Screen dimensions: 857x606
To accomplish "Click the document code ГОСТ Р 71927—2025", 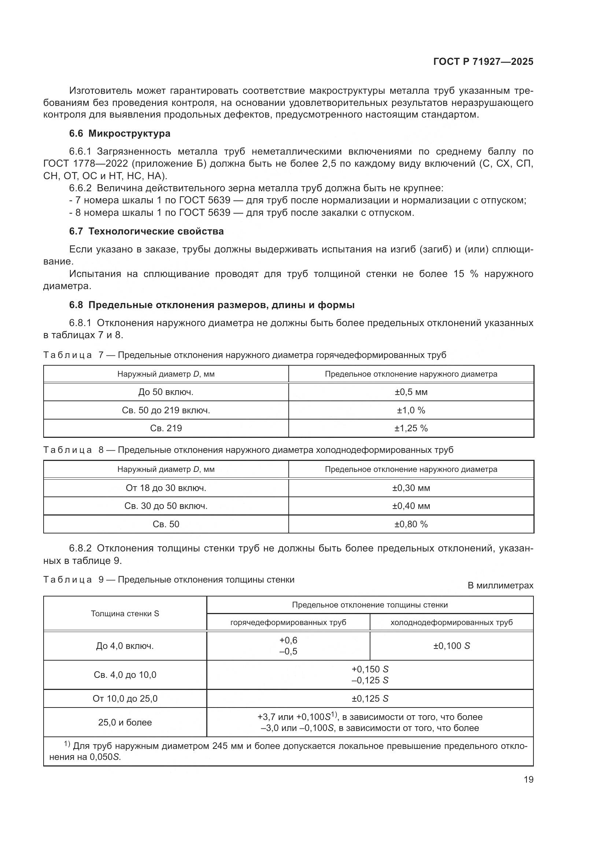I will click(483, 62).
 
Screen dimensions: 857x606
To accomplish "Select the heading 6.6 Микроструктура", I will click(119, 133).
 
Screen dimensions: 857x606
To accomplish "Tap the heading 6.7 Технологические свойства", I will click(146, 231).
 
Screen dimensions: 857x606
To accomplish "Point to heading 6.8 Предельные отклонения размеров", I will click(211, 305).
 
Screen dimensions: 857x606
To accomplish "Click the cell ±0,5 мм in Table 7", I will click(411, 392).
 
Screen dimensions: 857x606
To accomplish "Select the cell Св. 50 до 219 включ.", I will click(166, 410).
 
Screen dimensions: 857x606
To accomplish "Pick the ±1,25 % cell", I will click(411, 428).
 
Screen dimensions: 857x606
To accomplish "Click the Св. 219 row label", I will click(166, 428).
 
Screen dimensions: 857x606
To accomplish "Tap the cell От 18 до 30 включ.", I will click(166, 488).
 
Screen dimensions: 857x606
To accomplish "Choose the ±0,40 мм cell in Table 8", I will click(411, 506).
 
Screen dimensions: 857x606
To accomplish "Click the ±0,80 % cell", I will click(411, 524).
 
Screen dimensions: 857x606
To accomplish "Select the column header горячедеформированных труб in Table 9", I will click(288, 622).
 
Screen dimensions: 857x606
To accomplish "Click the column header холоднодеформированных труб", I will click(451, 622).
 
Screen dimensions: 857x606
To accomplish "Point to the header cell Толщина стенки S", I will click(125, 613).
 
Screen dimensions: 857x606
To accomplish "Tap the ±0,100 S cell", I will click(451, 646).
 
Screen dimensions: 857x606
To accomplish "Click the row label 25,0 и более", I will click(125, 722).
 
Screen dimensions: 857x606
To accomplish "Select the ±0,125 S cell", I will click(370, 698).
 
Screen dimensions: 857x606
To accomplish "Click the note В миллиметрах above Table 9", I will click(500, 586).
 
